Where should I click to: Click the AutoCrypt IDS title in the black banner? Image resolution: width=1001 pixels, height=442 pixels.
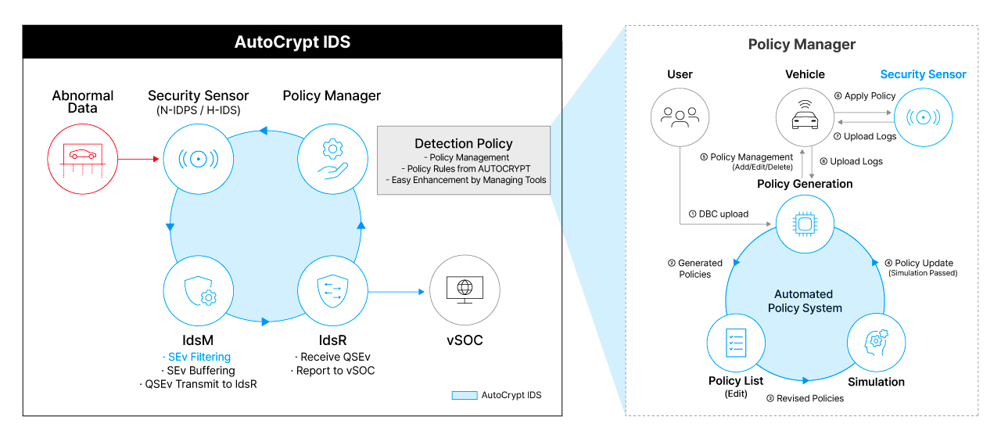(292, 42)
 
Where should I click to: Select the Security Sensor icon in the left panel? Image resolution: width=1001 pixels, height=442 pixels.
(198, 159)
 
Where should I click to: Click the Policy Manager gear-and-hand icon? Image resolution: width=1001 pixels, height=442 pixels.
(332, 159)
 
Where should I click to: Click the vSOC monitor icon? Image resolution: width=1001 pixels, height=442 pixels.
(465, 292)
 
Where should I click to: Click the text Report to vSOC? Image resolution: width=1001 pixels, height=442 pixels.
(332, 370)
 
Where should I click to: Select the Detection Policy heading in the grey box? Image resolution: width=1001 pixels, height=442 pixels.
(464, 143)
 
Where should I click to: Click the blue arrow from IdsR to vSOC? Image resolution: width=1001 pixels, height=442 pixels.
(396, 293)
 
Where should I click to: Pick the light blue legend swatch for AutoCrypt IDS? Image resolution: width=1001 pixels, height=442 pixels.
(465, 395)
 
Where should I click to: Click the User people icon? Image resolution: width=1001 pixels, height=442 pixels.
(680, 117)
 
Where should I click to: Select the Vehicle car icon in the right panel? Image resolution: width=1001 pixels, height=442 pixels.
(805, 117)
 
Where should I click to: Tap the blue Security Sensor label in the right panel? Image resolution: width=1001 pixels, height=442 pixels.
(923, 74)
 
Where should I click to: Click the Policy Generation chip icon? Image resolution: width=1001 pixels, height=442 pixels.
(805, 225)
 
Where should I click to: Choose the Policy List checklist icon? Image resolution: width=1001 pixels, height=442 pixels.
(735, 342)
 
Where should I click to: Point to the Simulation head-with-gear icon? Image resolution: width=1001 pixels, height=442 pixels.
(876, 342)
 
